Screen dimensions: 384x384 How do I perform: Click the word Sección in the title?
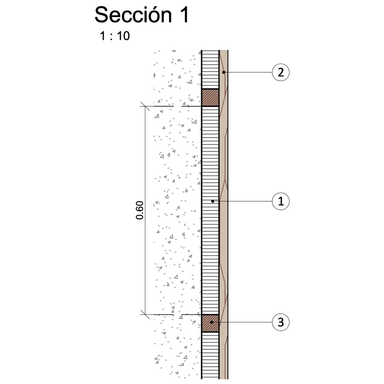tap(133, 15)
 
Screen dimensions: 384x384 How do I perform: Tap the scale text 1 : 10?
tap(115, 36)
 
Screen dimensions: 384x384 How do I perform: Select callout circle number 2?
tap(281, 72)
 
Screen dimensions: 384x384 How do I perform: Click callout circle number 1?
tap(281, 201)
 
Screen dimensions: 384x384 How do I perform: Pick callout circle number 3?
tap(281, 322)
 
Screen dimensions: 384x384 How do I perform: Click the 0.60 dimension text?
tap(140, 210)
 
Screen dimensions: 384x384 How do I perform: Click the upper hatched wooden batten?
tap(210, 98)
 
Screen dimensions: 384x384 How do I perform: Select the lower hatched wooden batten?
tap(210, 323)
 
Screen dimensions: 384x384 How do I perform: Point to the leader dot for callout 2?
tap(223, 72)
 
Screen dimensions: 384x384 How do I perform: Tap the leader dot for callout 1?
tap(212, 201)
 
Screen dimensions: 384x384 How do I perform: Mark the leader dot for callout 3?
tap(211, 322)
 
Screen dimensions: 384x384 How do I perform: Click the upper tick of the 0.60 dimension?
tap(145, 106)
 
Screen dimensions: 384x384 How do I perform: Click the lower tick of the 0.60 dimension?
tap(145, 314)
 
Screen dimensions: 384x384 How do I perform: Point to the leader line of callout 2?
tap(248, 72)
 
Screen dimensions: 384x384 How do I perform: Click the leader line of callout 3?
tap(242, 322)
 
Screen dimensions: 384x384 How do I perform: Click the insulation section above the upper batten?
tap(210, 70)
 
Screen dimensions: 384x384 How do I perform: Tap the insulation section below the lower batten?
tap(210, 355)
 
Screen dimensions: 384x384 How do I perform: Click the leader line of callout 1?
tap(242, 201)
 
